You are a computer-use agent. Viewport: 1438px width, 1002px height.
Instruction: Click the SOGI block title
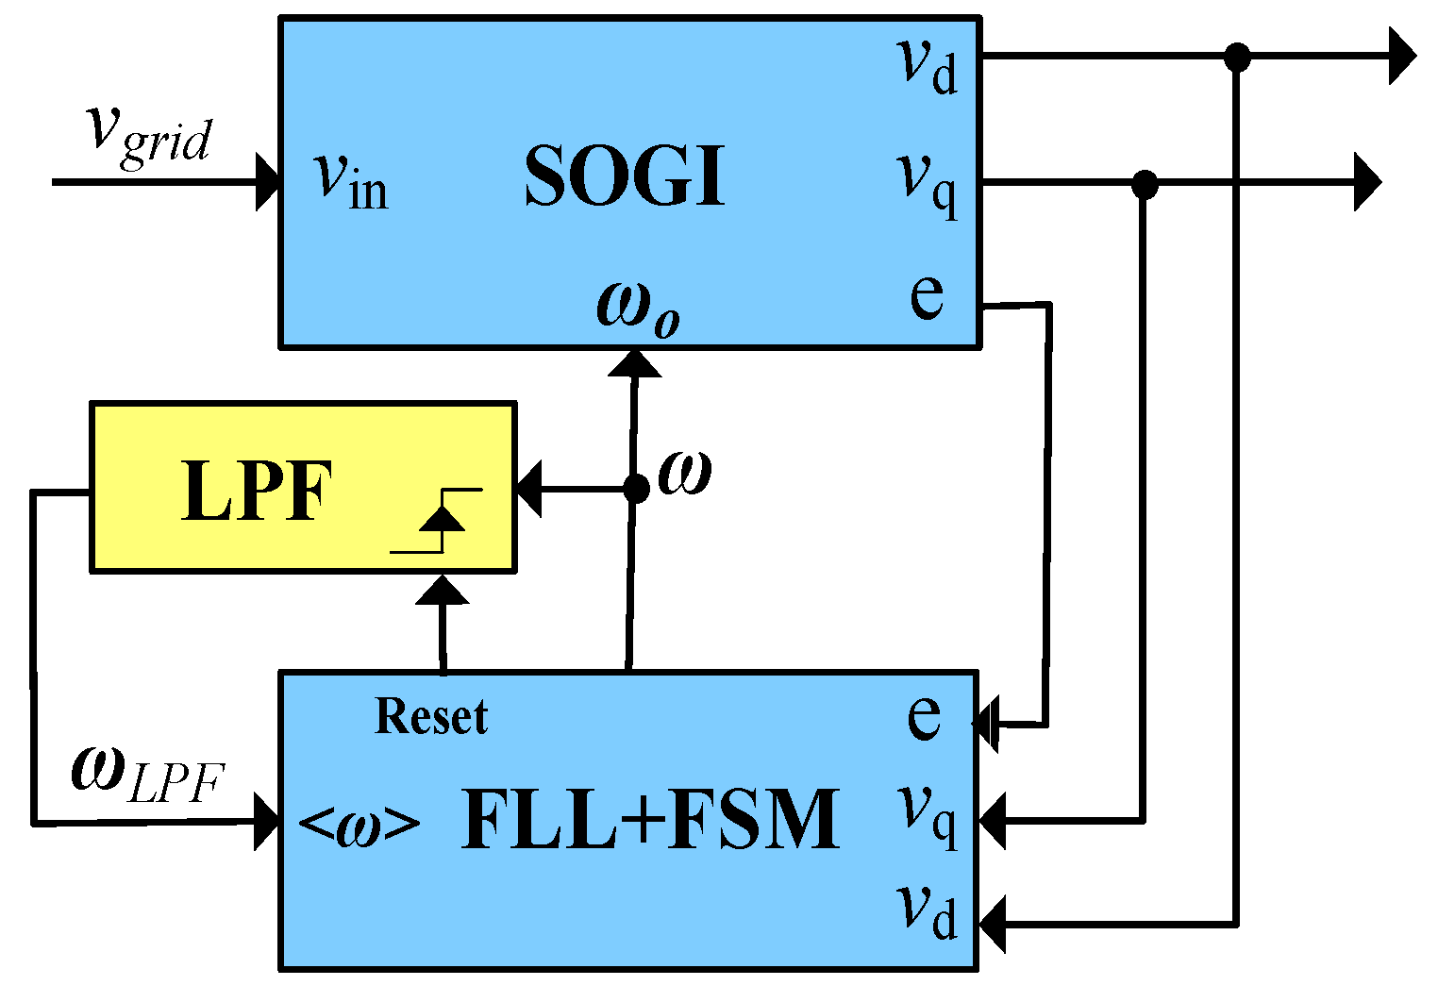[625, 176]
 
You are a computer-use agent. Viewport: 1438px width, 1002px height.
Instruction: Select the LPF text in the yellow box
[257, 491]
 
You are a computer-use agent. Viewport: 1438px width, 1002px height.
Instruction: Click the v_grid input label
[149, 133]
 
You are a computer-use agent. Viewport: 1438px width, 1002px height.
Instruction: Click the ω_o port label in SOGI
[638, 308]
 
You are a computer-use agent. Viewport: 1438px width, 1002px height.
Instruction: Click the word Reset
[431, 716]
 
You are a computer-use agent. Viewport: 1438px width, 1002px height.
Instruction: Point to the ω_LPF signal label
[148, 774]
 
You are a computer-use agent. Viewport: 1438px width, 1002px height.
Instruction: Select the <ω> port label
[359, 826]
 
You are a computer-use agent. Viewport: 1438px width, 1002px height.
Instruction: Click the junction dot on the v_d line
[1236, 57]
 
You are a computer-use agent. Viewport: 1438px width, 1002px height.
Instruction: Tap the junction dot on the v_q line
[1145, 183]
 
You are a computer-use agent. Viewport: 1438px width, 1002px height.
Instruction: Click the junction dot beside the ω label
[636, 489]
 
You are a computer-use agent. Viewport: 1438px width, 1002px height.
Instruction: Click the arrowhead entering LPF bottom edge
[442, 591]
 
